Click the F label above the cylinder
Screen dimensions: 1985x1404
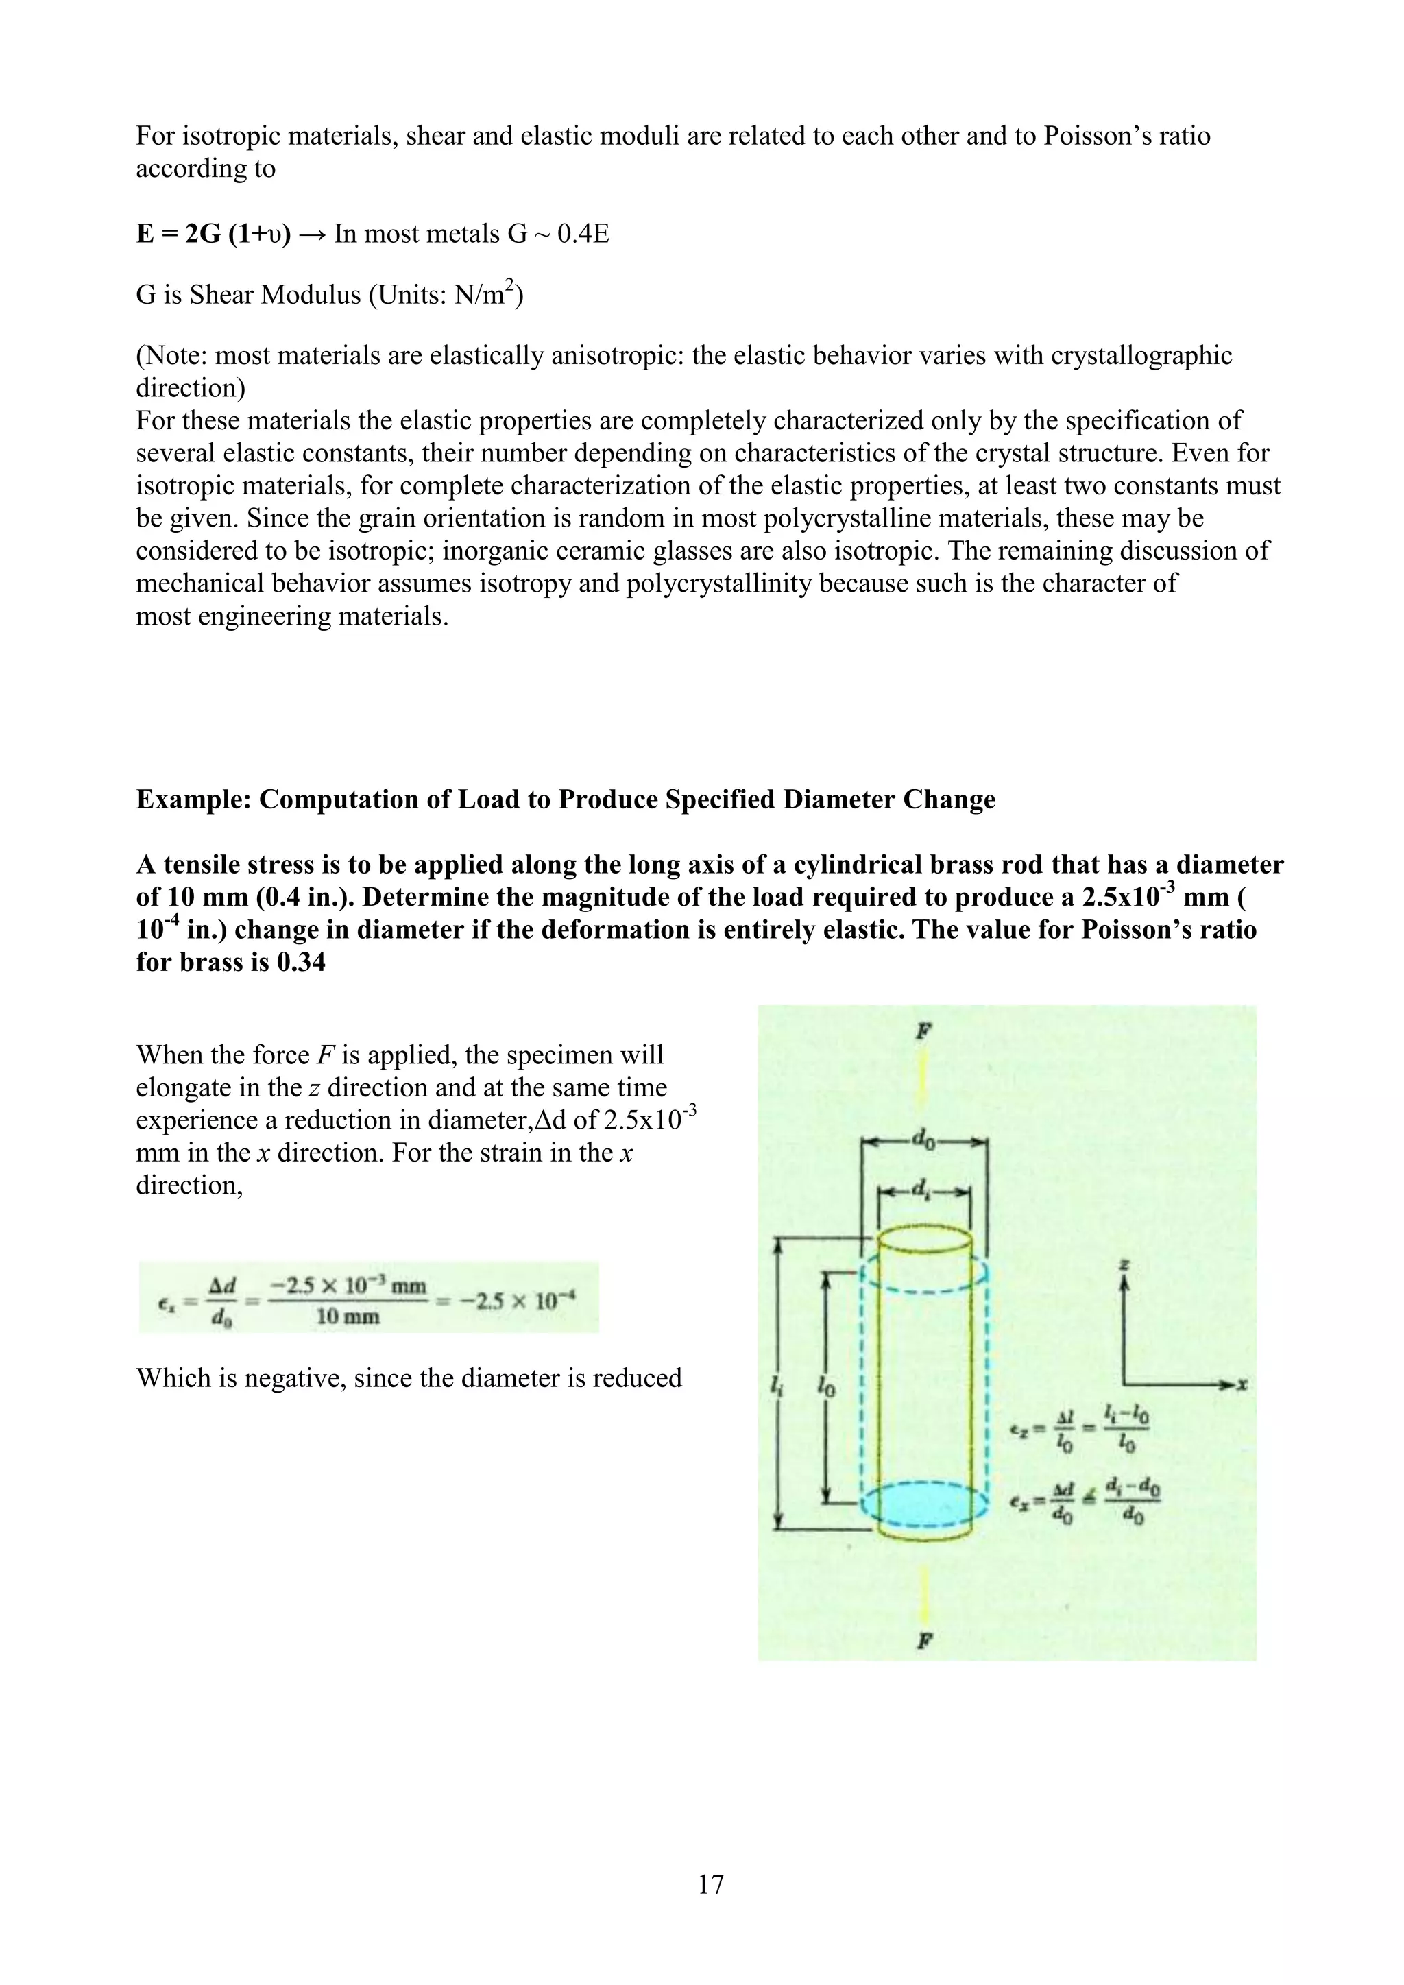[923, 1031]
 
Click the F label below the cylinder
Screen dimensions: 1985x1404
[924, 1640]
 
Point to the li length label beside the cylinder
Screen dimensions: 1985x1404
[776, 1386]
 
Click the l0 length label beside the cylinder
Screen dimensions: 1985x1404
[825, 1386]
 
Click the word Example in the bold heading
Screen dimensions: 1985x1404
[192, 799]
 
